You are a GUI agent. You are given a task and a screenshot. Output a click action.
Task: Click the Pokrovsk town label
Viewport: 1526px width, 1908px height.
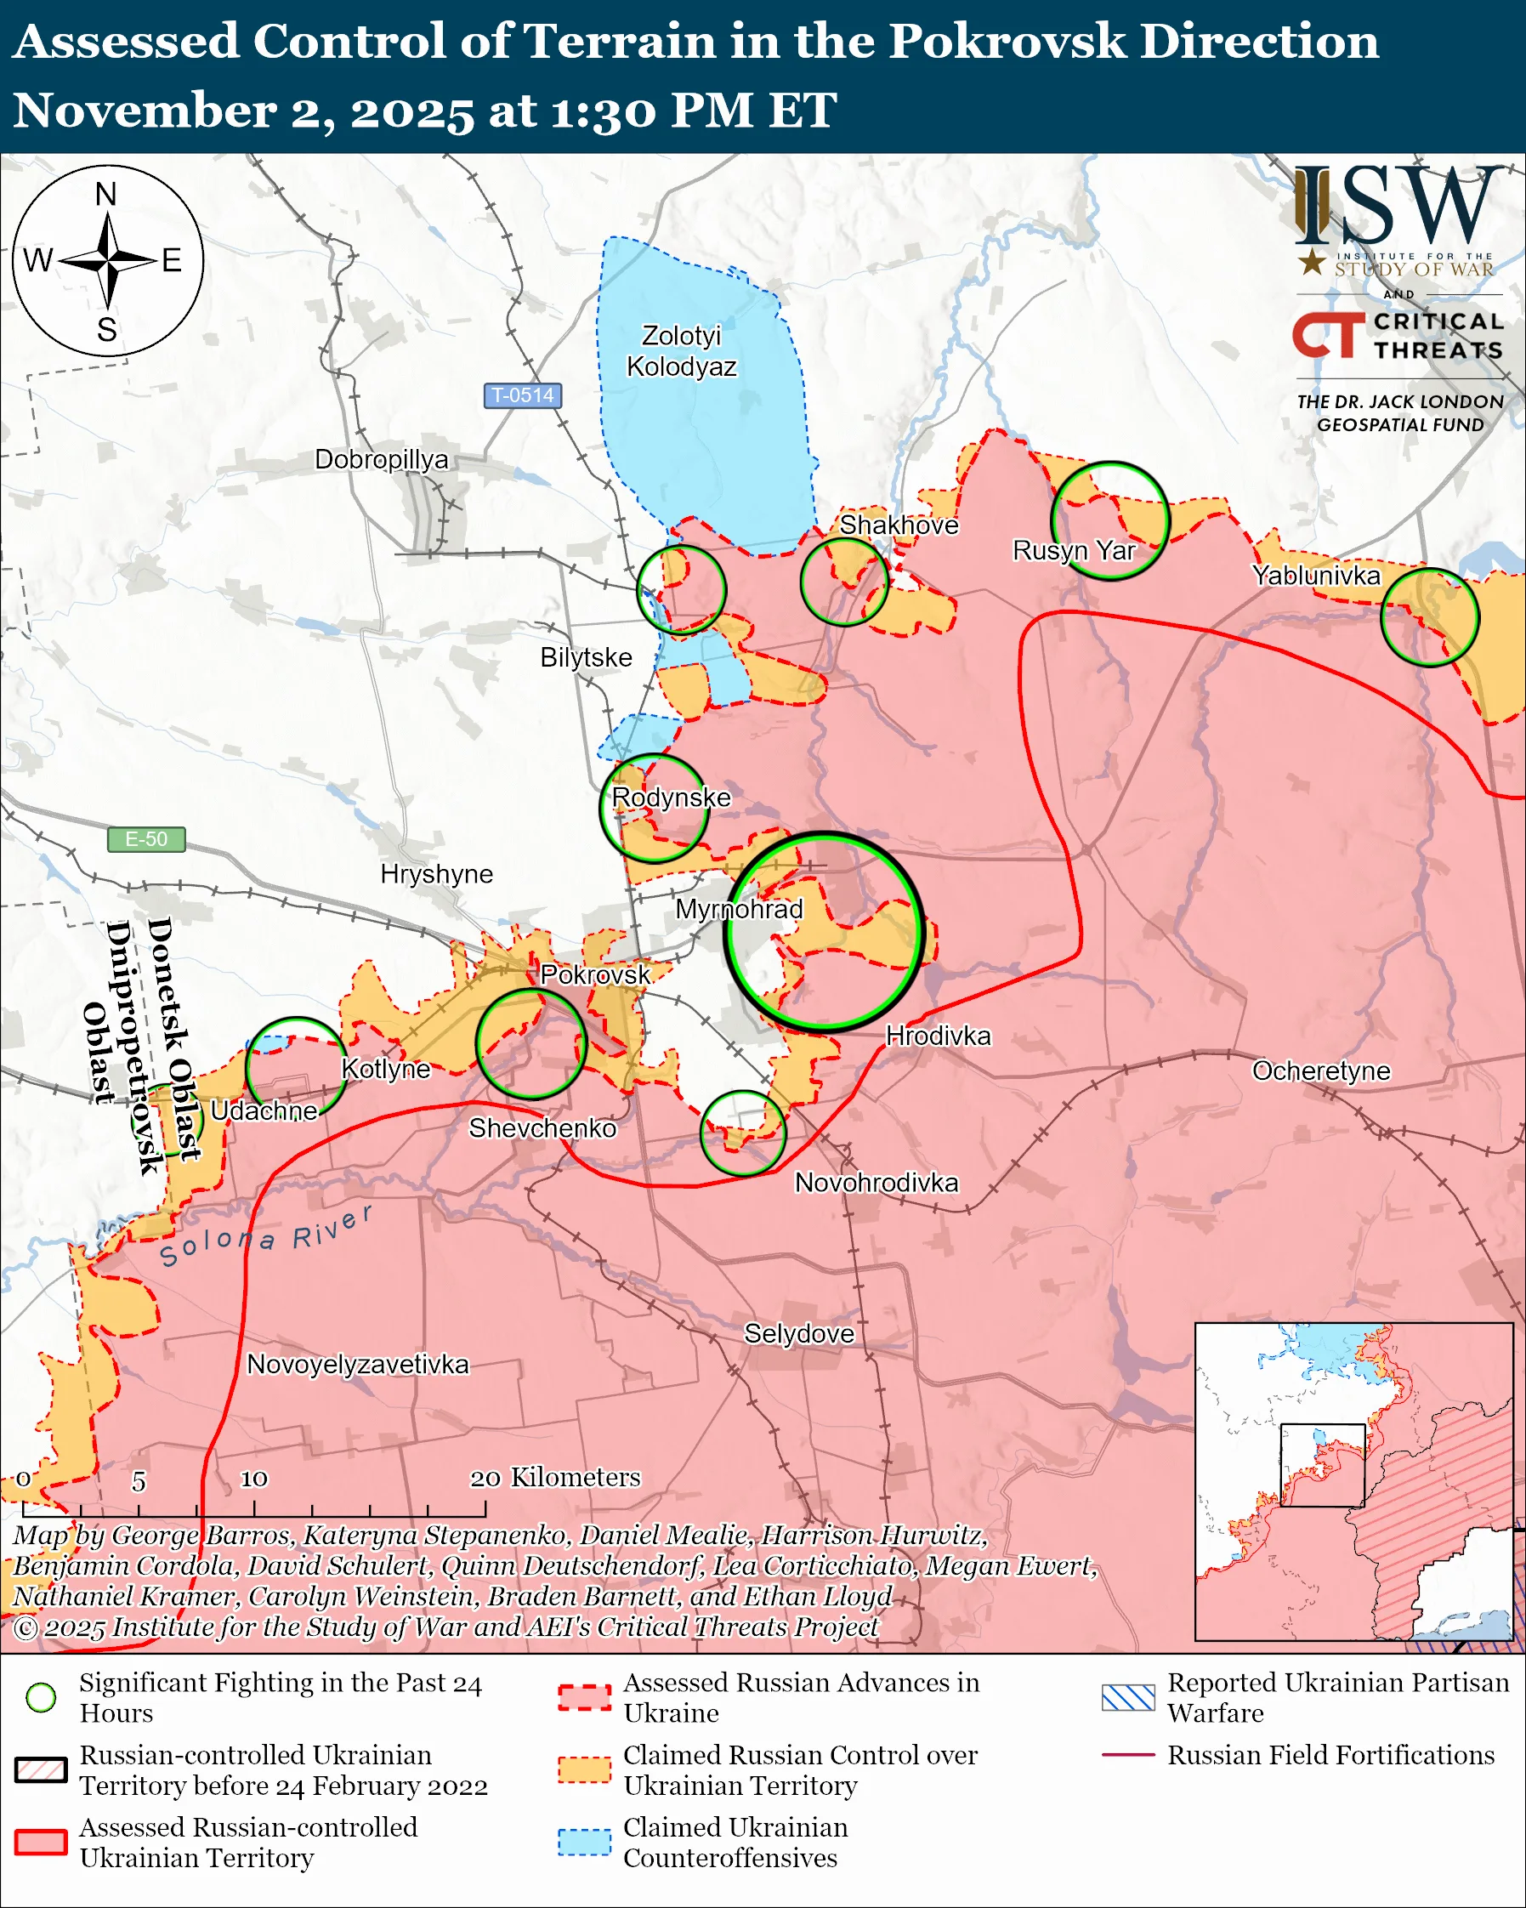[x=594, y=974]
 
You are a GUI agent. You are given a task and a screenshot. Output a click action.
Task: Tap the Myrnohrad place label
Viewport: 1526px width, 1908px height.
[x=739, y=909]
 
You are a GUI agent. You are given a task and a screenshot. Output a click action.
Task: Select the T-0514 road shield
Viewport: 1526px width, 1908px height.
[x=522, y=395]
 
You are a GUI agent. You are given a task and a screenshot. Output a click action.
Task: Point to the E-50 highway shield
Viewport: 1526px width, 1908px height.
[x=146, y=839]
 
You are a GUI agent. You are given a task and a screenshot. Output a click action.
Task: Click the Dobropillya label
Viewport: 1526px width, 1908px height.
[x=381, y=459]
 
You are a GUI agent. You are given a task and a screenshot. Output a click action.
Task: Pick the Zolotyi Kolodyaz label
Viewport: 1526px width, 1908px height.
[x=681, y=350]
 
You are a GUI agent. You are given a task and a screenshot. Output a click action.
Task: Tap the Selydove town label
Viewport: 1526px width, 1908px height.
[x=799, y=1334]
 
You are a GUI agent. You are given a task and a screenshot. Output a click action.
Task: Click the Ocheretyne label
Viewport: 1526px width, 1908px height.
[x=1321, y=1070]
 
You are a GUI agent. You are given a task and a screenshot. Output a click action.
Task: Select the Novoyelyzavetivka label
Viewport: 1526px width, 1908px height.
[x=357, y=1364]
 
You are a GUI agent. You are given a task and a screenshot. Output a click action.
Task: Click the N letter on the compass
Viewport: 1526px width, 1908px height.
[x=106, y=194]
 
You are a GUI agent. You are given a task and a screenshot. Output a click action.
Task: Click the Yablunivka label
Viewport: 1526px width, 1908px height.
[x=1315, y=576]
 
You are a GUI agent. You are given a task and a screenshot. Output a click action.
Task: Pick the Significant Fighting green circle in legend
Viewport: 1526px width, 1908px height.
[x=41, y=1697]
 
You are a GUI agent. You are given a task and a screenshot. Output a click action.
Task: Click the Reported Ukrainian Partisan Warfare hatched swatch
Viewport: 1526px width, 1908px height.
[x=1128, y=1697]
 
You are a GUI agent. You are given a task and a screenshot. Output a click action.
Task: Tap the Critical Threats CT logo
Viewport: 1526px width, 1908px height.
[x=1328, y=335]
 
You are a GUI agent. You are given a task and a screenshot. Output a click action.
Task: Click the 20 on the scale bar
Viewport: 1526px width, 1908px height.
[x=485, y=1479]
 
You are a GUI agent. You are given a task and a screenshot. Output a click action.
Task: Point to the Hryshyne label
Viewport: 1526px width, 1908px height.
[x=436, y=873]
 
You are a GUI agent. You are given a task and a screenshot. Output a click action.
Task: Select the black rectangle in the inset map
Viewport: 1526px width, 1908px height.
[x=1323, y=1465]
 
